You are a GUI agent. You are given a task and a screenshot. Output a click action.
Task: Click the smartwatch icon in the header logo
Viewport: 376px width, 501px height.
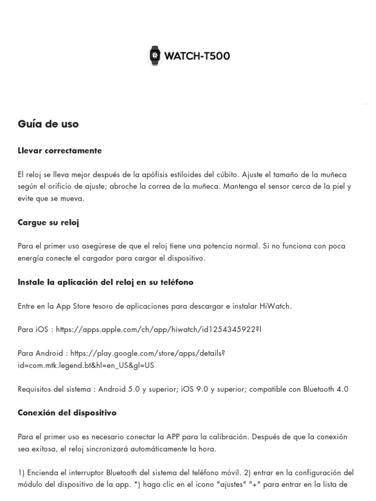point(155,56)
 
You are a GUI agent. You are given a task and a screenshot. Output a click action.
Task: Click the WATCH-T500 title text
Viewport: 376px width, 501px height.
point(197,56)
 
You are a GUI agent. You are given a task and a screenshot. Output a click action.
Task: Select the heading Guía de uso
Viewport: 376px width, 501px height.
point(48,124)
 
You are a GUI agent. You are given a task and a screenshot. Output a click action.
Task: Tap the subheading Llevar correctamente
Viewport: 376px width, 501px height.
point(60,151)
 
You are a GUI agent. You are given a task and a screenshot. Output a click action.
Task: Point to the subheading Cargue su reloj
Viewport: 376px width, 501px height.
point(48,223)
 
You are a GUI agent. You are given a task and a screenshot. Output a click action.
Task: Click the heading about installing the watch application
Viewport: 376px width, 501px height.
point(105,282)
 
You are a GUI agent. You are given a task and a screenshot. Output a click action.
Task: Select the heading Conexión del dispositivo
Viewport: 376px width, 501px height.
point(67,413)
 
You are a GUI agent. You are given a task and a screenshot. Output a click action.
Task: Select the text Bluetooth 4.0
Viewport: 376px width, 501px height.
point(326,389)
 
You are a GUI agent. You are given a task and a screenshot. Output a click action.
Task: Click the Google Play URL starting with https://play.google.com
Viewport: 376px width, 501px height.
point(147,353)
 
